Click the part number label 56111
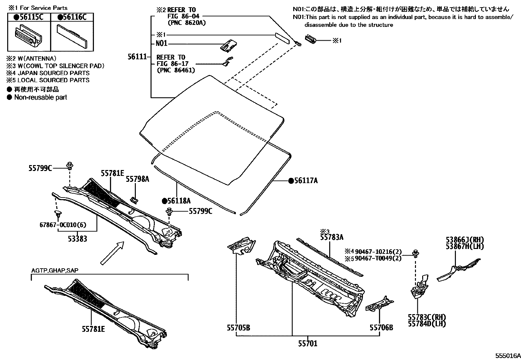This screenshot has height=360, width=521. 137,57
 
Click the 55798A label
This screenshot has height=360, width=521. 137,179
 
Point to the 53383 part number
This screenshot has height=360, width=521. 78,239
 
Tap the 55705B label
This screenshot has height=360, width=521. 238,327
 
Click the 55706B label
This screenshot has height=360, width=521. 381,327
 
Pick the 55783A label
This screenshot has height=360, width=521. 332,237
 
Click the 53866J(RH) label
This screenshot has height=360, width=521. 465,239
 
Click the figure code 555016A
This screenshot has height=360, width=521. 507,356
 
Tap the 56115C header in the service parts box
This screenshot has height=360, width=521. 29,17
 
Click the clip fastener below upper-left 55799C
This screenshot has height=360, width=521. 69,166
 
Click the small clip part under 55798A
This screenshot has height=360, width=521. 134,199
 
